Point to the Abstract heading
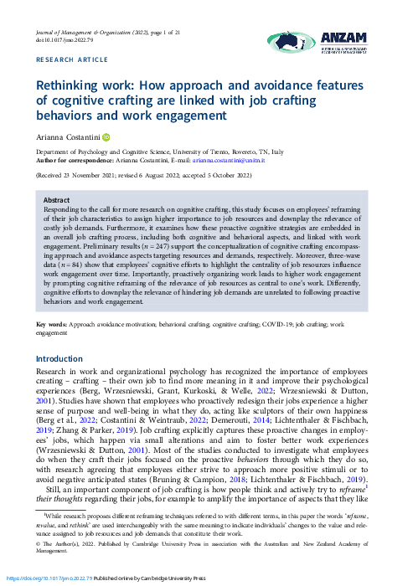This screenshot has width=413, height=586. (57, 201)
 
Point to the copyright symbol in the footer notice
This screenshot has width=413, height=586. (38, 543)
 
